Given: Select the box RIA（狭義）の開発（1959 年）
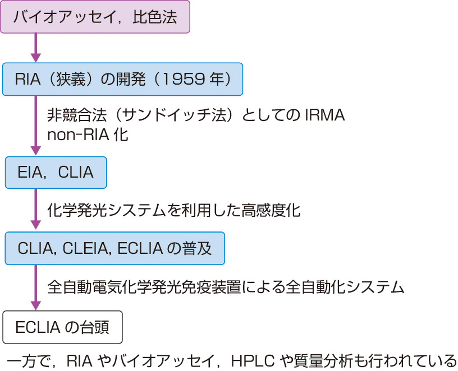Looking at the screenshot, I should click(x=122, y=78).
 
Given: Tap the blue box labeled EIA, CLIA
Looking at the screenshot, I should click(x=56, y=172).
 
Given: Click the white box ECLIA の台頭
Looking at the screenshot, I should click(x=62, y=327).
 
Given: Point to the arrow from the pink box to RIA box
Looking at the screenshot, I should click(x=36, y=47).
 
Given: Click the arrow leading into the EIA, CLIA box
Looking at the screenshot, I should click(x=36, y=126).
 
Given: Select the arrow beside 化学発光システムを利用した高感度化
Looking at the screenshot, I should click(x=36, y=210).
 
